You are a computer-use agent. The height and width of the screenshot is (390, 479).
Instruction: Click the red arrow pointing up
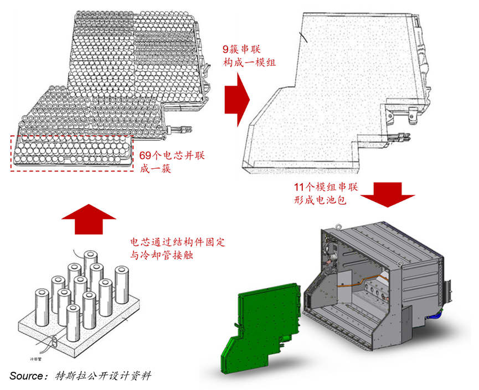[x=83, y=218]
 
